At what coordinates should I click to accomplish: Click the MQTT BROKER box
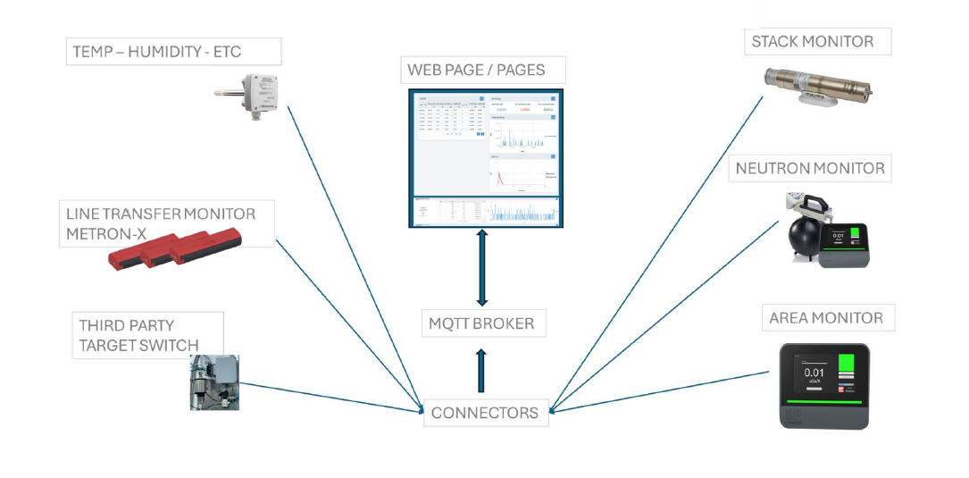tap(482, 323)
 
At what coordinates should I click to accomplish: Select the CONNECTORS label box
tap(485, 413)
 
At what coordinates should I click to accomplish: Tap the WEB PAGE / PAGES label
tap(475, 70)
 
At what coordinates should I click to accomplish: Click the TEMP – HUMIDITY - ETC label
tap(172, 52)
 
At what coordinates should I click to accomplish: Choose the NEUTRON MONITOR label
tap(810, 168)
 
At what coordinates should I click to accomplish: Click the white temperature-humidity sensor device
tap(255, 92)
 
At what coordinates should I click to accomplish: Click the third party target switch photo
tap(213, 382)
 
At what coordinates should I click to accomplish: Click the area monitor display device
tap(823, 384)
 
